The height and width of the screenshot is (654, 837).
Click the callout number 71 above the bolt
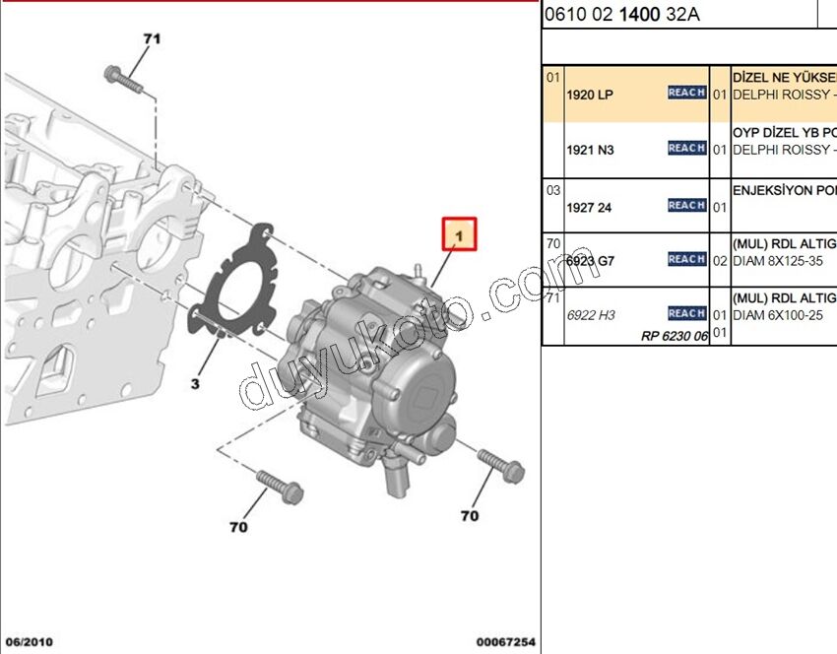[151, 39]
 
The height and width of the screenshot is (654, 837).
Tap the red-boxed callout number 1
[459, 235]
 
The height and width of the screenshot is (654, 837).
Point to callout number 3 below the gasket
[195, 383]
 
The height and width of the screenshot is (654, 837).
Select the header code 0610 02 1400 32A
[622, 15]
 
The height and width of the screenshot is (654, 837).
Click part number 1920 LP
[590, 95]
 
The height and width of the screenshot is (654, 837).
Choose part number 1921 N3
[590, 150]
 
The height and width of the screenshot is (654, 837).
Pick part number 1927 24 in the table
[590, 207]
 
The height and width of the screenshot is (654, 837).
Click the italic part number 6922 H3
[590, 315]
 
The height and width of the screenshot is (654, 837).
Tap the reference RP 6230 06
[674, 335]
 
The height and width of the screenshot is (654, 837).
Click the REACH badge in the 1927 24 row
[686, 205]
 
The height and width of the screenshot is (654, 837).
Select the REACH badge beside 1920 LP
[686, 93]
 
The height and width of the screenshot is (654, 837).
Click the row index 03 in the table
[553, 189]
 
